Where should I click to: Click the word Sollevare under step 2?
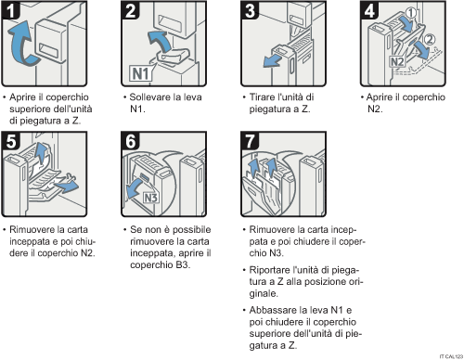coord(151,96)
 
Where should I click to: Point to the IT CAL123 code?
coord(448,354)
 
